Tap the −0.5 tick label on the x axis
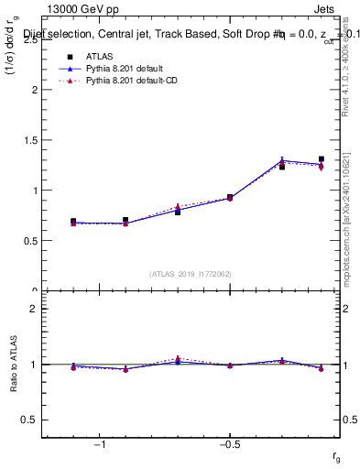pos(229,445)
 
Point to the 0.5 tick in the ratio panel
pos(30,420)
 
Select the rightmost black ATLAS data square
pos(322,159)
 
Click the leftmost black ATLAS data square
pos(73,222)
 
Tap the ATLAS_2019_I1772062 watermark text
pos(191,273)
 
